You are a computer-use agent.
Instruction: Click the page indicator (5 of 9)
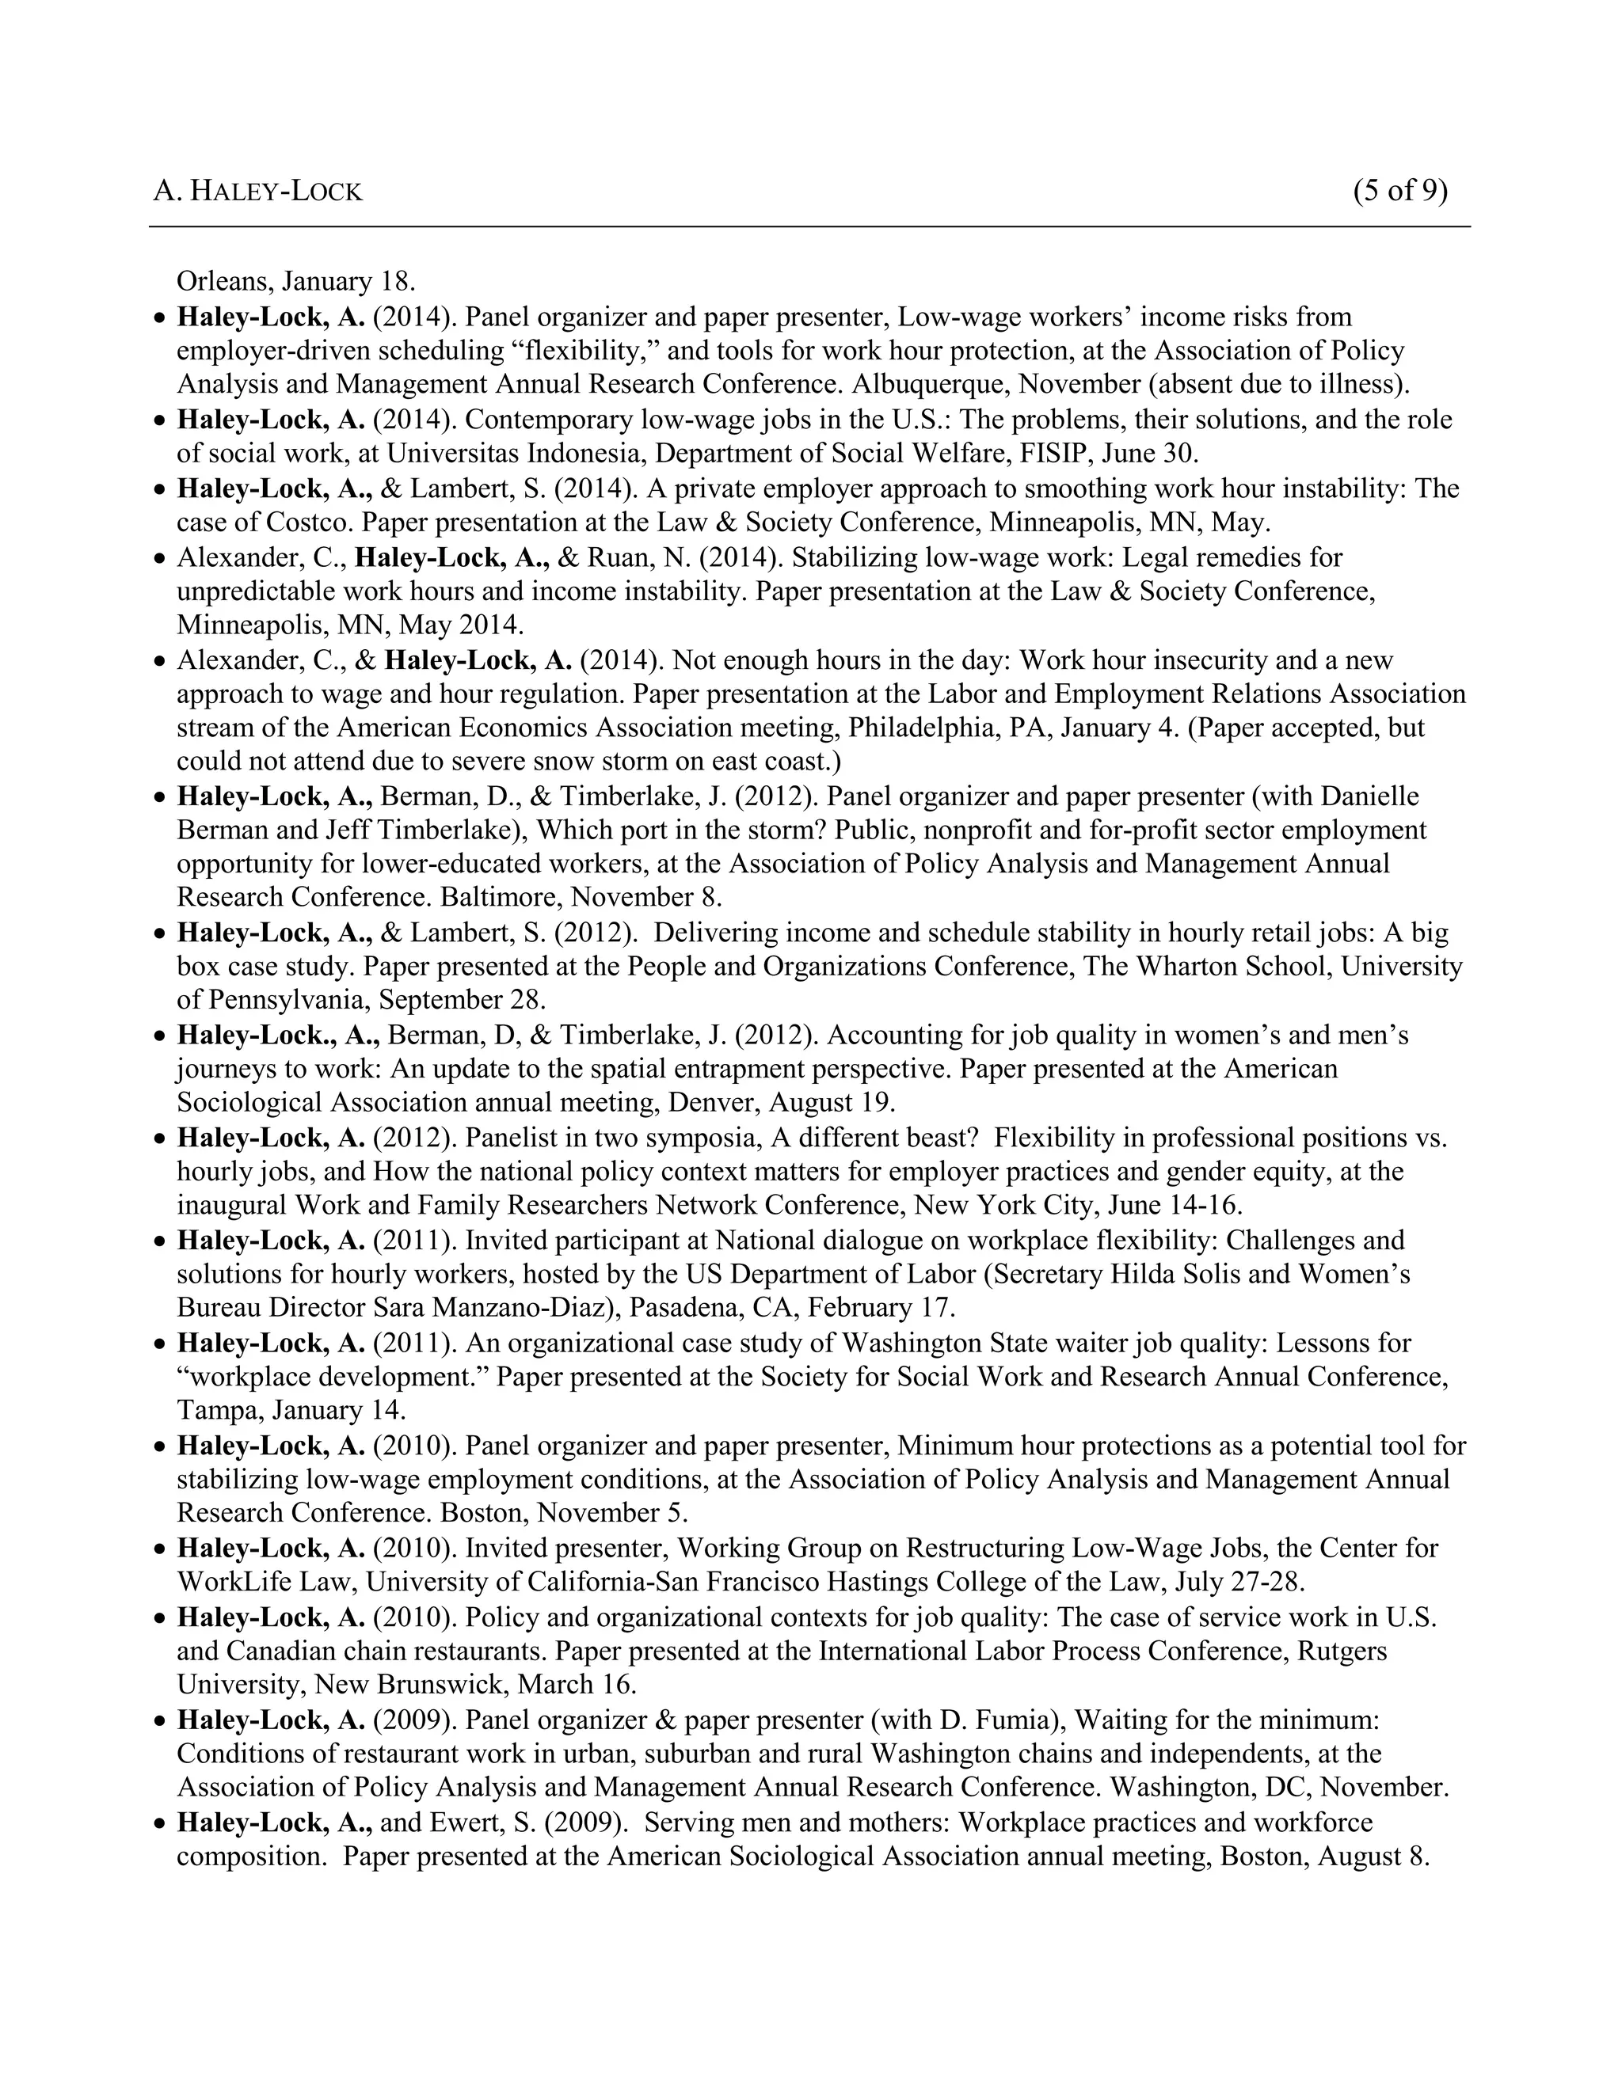point(1399,190)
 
